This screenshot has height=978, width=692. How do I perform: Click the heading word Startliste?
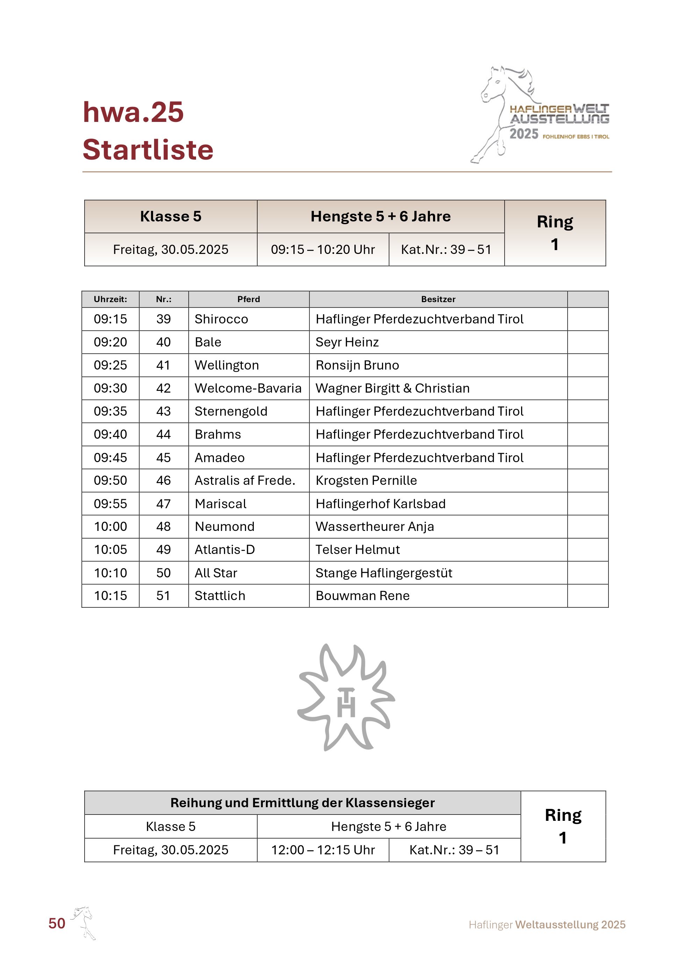coord(147,150)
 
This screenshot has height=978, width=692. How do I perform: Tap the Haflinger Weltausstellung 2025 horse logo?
coord(540,115)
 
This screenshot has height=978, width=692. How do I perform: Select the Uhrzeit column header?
coord(110,299)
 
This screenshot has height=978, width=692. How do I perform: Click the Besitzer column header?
coord(438,299)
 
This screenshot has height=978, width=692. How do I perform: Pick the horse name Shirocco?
coord(221,319)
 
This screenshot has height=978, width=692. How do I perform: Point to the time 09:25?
coord(110,365)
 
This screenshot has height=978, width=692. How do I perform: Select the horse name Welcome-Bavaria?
coord(248,388)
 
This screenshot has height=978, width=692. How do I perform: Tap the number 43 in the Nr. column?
coord(163,411)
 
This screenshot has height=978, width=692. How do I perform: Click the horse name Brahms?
coord(218,434)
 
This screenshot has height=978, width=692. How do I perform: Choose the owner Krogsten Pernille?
coord(366,481)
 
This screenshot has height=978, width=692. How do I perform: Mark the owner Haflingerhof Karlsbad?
coord(381,503)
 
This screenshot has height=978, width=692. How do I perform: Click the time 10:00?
coord(110,526)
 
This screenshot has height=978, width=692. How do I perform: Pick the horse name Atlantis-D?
coord(225,549)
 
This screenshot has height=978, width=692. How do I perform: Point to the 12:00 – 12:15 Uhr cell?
coord(323,850)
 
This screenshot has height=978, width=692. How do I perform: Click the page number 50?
coord(57,923)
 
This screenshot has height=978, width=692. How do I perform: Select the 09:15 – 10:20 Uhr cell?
coord(323,249)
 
